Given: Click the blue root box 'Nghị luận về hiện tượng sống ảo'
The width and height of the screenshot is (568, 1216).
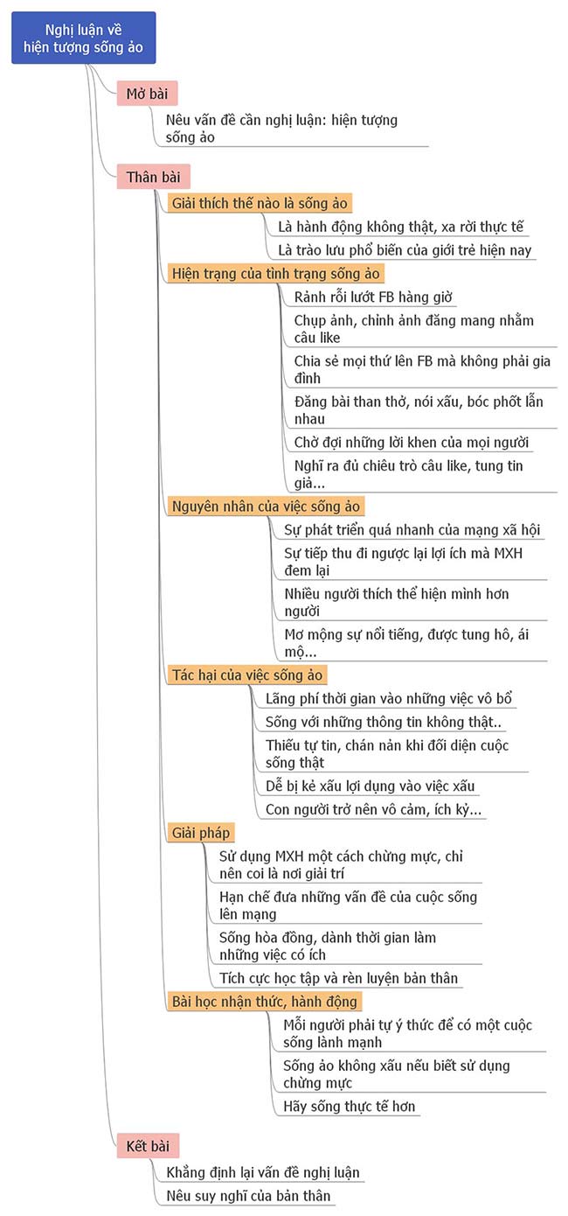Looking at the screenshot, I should [84, 38].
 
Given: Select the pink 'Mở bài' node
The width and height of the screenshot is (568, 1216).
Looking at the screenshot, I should [147, 94].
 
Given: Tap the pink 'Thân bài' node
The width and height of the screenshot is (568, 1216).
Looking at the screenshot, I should [153, 178].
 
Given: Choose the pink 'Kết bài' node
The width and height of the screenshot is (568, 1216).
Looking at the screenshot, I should [148, 1145].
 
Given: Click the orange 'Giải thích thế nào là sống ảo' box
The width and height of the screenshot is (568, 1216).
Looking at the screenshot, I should [260, 204].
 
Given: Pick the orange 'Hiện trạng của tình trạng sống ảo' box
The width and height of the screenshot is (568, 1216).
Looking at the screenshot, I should [275, 273].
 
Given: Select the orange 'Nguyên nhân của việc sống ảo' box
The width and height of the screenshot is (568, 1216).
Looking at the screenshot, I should [266, 507].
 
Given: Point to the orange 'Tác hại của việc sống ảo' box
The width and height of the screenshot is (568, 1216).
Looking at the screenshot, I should [247, 674].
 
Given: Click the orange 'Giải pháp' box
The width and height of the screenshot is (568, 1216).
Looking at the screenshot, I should [201, 832].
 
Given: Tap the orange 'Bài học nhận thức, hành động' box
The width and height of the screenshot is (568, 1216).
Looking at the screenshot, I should [264, 1001].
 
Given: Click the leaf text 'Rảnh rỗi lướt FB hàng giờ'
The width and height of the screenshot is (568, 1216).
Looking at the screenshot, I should [375, 297].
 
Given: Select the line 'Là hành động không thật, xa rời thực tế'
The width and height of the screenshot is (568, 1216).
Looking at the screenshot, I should [400, 227].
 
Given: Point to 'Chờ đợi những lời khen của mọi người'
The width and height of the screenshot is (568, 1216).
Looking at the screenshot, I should [412, 443].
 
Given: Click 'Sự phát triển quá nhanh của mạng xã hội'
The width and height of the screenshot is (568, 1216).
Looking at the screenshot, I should [412, 530].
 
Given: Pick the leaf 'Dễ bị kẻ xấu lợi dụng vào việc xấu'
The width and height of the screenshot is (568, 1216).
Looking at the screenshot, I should [371, 786].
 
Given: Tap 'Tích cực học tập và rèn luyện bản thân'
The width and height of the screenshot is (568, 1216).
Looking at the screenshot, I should [338, 978].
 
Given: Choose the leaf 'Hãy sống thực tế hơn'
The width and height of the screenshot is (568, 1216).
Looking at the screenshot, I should [350, 1107].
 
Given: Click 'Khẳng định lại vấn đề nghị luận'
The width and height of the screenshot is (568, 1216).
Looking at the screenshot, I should [262, 1172].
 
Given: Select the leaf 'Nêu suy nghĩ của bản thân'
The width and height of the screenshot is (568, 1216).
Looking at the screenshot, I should [248, 1196].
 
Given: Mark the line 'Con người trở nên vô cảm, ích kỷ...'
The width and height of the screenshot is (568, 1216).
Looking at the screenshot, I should [373, 809].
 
